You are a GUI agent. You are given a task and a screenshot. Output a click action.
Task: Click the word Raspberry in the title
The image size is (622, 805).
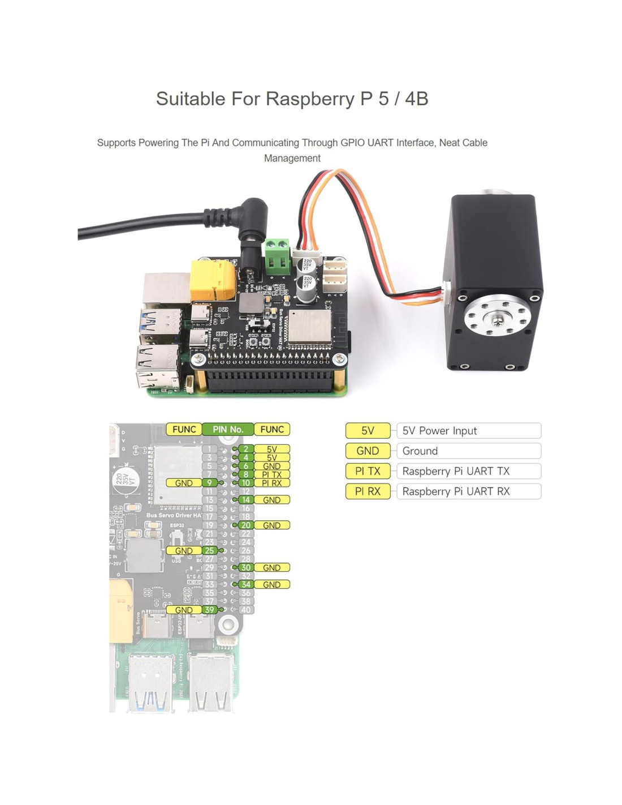point(310,99)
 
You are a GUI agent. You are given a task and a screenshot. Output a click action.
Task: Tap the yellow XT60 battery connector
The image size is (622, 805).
point(213,280)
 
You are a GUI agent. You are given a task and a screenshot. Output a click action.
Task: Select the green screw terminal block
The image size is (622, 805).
point(277,256)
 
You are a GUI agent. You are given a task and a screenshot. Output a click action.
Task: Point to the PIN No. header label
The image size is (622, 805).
point(228,430)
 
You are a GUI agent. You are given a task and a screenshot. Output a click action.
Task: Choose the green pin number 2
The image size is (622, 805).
point(245,449)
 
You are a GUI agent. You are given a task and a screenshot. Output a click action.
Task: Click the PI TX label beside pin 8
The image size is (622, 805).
point(271,474)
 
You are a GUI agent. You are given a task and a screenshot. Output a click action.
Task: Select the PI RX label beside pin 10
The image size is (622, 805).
point(271,483)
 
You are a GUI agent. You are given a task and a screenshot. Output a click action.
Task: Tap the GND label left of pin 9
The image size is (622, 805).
point(184,483)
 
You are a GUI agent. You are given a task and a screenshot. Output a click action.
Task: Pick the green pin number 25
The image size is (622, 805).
point(210,550)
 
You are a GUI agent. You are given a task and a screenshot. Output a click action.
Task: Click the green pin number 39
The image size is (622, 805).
point(210,610)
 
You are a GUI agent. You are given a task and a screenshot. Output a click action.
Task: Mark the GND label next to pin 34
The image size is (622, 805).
point(271,584)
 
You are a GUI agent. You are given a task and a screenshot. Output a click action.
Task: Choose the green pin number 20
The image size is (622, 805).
point(245,525)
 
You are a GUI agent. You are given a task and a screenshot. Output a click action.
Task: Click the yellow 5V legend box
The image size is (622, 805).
point(368,431)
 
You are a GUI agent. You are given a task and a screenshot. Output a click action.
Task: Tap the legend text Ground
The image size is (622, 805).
point(420,451)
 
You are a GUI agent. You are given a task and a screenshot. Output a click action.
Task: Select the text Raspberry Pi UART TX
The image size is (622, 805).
point(456,472)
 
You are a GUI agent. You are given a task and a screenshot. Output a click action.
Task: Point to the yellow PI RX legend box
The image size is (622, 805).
point(368,491)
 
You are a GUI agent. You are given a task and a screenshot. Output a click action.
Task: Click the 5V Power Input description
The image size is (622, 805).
point(439,431)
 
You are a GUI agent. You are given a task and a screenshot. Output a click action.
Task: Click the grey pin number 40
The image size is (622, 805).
point(245,610)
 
